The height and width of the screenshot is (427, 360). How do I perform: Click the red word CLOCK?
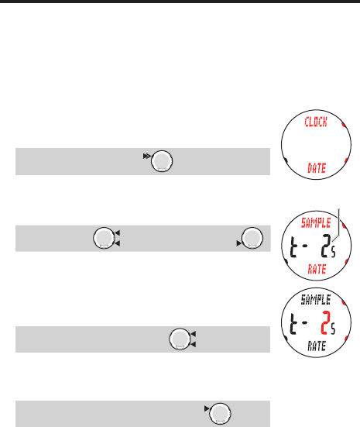[316, 122]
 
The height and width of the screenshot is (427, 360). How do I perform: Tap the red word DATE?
[317, 168]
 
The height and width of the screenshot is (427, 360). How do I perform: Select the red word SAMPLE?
[316, 223]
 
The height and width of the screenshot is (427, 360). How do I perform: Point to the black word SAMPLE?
[316, 300]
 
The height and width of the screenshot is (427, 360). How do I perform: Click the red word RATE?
[317, 269]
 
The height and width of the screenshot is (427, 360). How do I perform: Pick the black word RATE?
[317, 346]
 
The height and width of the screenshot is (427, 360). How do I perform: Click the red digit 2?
[325, 323]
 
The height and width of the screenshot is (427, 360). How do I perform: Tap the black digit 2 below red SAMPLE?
[326, 246]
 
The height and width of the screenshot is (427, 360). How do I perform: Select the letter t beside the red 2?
[293, 324]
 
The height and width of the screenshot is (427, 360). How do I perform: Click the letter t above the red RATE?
[293, 246]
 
